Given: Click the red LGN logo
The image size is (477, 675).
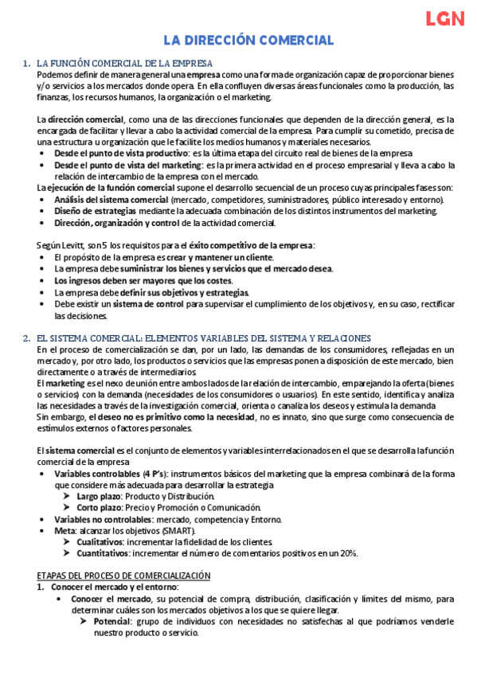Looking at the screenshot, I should (x=444, y=19).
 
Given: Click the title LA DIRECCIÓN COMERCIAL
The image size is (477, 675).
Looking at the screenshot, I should (x=248, y=40).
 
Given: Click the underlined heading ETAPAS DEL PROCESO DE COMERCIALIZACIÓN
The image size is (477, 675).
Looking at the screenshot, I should (x=123, y=575).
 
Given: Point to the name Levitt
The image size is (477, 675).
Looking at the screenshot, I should (x=72, y=245).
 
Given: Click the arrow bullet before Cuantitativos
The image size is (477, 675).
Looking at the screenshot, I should (x=68, y=553).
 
